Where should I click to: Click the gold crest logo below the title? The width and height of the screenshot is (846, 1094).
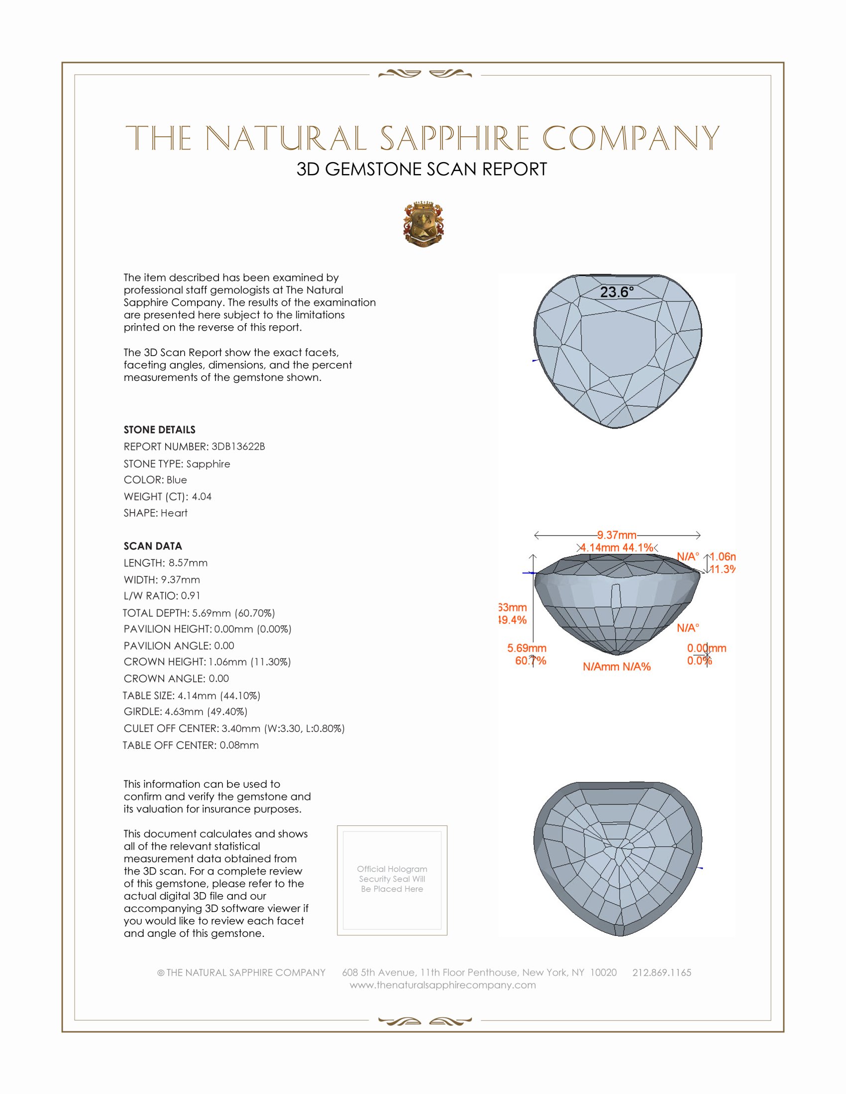pyautogui.click(x=423, y=224)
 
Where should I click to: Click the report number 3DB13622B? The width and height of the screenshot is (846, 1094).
pyautogui.click(x=238, y=447)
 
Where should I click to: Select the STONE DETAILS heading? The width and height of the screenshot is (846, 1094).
pyautogui.click(x=159, y=430)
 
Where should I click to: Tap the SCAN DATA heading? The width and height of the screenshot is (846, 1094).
pyautogui.click(x=153, y=546)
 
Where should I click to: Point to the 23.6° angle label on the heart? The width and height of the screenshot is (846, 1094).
pyautogui.click(x=617, y=292)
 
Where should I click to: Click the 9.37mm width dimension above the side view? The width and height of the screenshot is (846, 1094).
pyautogui.click(x=617, y=535)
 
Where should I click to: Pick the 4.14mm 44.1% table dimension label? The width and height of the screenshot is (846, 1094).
pyautogui.click(x=617, y=547)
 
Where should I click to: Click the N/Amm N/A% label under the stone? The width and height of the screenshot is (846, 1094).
pyautogui.click(x=617, y=667)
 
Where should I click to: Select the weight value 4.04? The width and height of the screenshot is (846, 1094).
pyautogui.click(x=202, y=496)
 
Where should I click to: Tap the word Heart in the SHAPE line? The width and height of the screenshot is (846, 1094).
pyautogui.click(x=174, y=513)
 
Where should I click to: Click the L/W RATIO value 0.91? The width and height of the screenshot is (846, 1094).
pyautogui.click(x=191, y=596)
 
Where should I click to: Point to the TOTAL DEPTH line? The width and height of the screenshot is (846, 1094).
pyautogui.click(x=199, y=613)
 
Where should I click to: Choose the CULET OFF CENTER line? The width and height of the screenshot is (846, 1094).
pyautogui.click(x=234, y=729)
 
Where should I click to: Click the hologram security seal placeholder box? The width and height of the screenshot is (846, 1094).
pyautogui.click(x=392, y=880)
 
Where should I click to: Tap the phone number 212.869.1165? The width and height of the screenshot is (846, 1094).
pyautogui.click(x=661, y=972)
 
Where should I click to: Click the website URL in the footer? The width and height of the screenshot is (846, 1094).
pyautogui.click(x=442, y=985)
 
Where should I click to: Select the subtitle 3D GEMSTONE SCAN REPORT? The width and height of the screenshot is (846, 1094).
pyautogui.click(x=422, y=169)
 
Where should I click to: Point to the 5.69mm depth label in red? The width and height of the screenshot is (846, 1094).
pyautogui.click(x=526, y=648)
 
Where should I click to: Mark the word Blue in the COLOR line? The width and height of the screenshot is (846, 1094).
pyautogui.click(x=177, y=480)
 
